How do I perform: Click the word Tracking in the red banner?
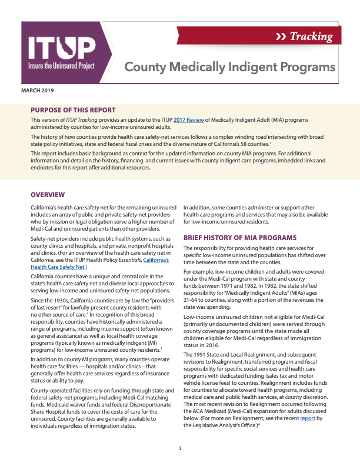(x=311, y=36)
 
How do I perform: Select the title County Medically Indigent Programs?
(x=229, y=67)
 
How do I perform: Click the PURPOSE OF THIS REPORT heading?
(x=73, y=110)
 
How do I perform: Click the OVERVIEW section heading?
(x=48, y=195)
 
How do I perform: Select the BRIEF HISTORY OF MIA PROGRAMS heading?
(x=240, y=238)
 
